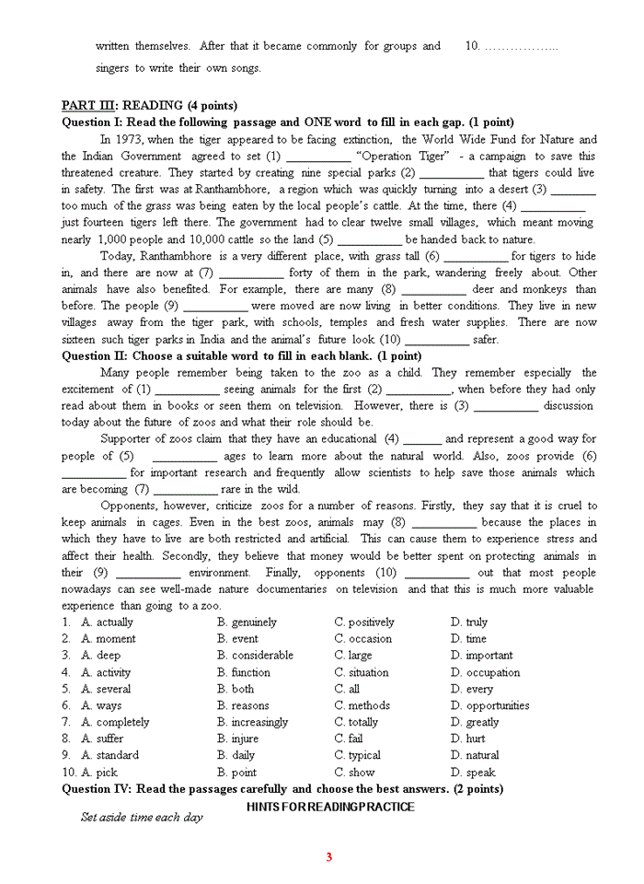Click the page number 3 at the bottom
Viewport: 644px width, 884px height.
(x=328, y=857)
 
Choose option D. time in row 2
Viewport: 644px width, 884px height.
(x=468, y=638)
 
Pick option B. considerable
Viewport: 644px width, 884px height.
(x=255, y=655)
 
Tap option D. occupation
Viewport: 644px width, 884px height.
(x=485, y=672)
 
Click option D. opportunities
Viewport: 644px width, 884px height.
(x=489, y=705)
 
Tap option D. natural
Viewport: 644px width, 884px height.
(x=475, y=755)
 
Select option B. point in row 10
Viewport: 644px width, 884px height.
(x=236, y=773)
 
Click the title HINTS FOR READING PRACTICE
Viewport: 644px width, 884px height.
(x=330, y=807)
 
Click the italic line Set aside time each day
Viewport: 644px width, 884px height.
(x=142, y=818)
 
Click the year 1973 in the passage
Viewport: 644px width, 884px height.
(x=130, y=139)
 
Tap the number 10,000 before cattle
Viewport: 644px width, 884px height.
(x=210, y=239)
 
